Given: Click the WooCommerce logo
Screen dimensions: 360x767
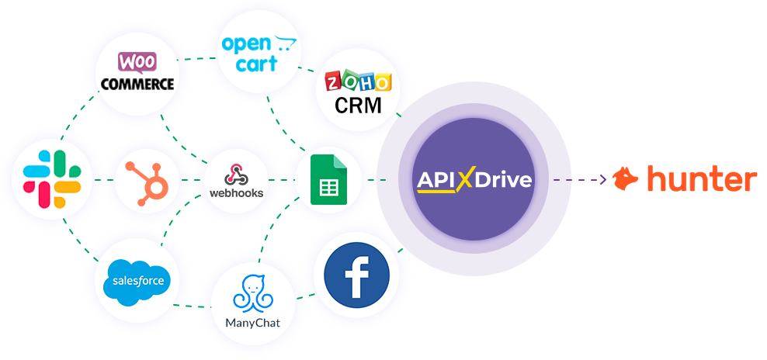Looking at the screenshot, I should click(x=137, y=72).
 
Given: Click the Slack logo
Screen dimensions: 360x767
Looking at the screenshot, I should click(x=52, y=180).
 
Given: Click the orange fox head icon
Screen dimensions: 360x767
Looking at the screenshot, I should click(x=626, y=179).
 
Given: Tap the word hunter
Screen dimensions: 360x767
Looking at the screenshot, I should click(x=701, y=179).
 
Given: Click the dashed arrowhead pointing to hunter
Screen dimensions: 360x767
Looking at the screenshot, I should click(x=603, y=180).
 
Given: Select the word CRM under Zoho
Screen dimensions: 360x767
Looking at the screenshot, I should click(x=358, y=105).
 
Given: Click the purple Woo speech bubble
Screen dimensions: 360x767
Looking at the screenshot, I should click(x=137, y=61).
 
